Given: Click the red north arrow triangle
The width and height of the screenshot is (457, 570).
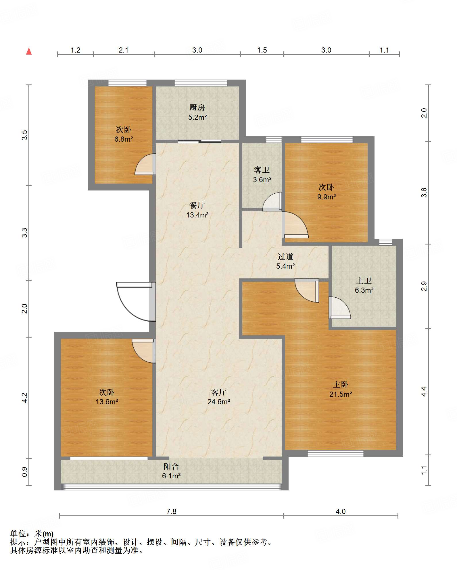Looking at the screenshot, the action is pos(29,51).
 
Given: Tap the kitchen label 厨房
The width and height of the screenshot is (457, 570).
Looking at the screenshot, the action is pos(197,108).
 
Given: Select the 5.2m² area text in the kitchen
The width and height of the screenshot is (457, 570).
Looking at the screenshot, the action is pos(197,117).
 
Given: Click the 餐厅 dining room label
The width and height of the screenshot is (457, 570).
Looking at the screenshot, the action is pos(197,205).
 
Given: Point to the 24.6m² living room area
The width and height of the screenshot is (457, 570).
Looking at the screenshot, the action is pos(219,402).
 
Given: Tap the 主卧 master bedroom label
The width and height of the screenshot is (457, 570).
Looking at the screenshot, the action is pos(341,384).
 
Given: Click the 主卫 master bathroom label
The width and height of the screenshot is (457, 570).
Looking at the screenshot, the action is pos(364,281).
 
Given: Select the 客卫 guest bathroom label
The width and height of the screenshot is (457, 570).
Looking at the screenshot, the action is pos(262,170).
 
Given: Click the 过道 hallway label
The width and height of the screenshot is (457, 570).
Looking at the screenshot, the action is pos(285,257).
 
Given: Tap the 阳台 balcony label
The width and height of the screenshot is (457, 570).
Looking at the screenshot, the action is pos(171,466).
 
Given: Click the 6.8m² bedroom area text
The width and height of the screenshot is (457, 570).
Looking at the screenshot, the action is pos(124,139).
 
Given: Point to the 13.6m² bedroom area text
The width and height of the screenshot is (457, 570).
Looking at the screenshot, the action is pos(107,402).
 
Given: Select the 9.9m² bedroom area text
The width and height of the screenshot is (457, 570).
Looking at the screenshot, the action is pos(327,197).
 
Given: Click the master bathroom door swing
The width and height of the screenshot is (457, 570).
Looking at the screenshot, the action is pos(340,308).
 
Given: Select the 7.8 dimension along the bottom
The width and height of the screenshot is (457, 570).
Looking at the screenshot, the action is pos(171,511).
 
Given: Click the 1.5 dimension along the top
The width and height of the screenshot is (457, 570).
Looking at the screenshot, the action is pos(262,50).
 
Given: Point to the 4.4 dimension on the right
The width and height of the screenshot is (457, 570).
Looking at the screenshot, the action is pos(424,392).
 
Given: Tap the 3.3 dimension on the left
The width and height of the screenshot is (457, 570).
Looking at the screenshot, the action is pos(25,233).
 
